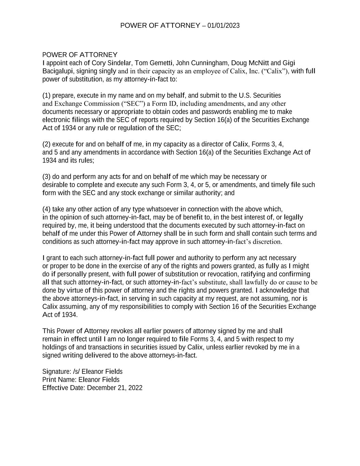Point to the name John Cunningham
202,63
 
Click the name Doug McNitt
250,63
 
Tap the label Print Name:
59,380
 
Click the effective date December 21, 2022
115,388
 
